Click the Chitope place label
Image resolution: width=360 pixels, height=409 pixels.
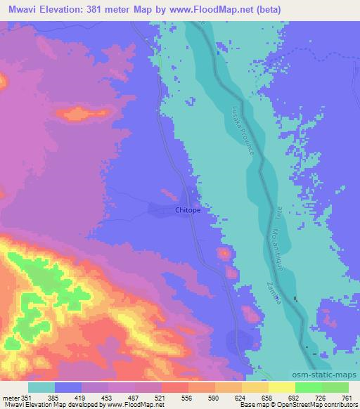pos(188,209)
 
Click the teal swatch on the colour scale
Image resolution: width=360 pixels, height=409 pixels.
pos(41,387)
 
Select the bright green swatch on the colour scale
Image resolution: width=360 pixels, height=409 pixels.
pos(308,387)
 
